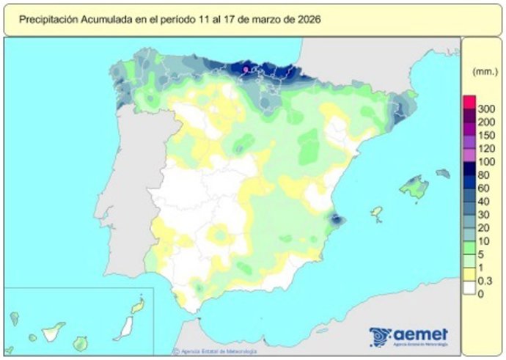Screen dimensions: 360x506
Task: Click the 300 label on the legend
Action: coord(485,109)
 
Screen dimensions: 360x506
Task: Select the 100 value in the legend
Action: coord(485,161)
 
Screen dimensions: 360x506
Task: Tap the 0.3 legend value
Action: coord(485,280)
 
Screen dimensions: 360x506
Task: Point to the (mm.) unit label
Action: coord(482,71)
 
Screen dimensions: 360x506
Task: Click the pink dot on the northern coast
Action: coord(245,69)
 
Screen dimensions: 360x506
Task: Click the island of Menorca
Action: coord(442,174)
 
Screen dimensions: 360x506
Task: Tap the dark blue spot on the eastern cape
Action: coord(336,218)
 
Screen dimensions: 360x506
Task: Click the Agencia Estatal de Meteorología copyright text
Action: coord(213,351)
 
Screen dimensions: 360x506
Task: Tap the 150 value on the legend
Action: coord(485,135)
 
